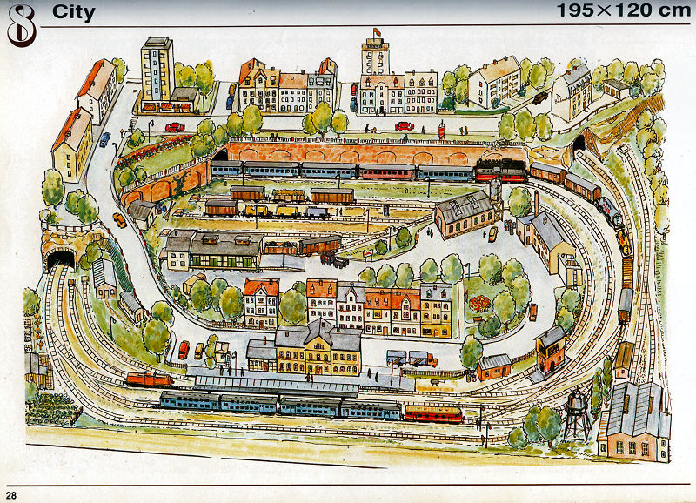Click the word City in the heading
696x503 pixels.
click(x=73, y=12)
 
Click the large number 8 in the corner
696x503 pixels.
click(x=20, y=25)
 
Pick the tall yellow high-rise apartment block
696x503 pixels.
click(x=157, y=70)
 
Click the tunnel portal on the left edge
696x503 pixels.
click(x=59, y=258)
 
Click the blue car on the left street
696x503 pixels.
click(x=104, y=139)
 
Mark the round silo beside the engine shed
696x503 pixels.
click(x=495, y=191)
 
